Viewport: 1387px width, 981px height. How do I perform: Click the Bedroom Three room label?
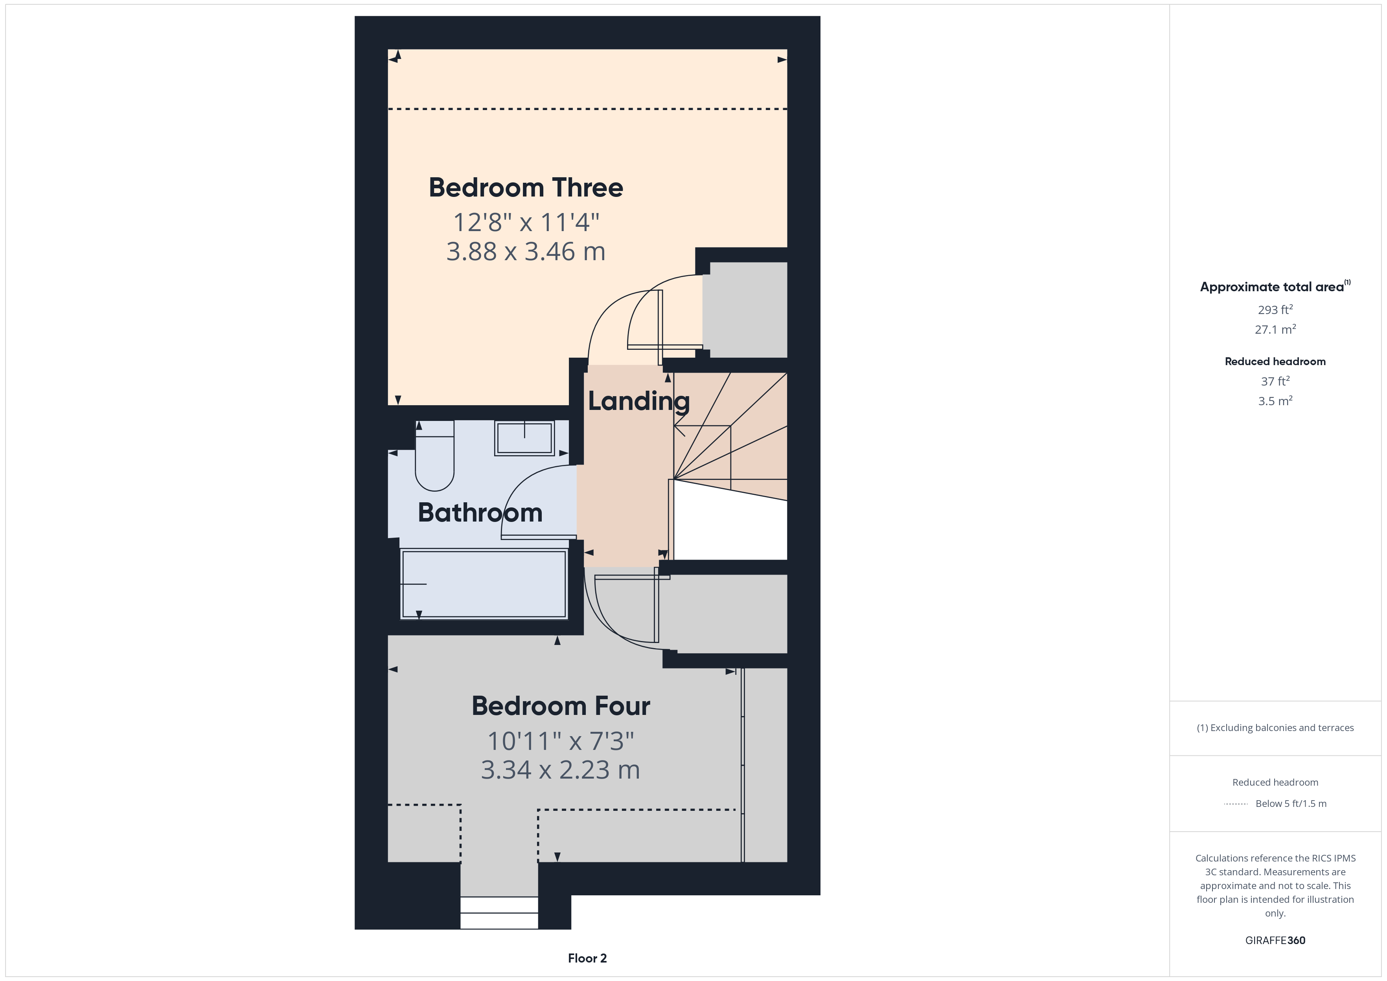(526, 188)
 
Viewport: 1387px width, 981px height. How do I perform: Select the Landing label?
(638, 402)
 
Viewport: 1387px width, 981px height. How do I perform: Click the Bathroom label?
(480, 513)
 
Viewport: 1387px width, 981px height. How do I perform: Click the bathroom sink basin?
(524, 438)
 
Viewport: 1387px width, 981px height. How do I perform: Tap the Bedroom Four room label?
(561, 706)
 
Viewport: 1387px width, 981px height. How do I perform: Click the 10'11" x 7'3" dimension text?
(561, 741)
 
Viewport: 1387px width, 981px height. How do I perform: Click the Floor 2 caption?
(587, 959)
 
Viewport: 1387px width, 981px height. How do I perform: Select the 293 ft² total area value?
(1275, 310)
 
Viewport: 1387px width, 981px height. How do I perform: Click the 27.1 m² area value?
(1275, 330)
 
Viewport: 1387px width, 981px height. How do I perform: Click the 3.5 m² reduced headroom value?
(1275, 401)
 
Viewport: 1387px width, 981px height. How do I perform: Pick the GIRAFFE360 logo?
(1275, 941)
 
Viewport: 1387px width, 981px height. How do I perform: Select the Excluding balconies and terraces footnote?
(1275, 728)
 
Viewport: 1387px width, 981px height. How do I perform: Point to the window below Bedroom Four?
(499, 913)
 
